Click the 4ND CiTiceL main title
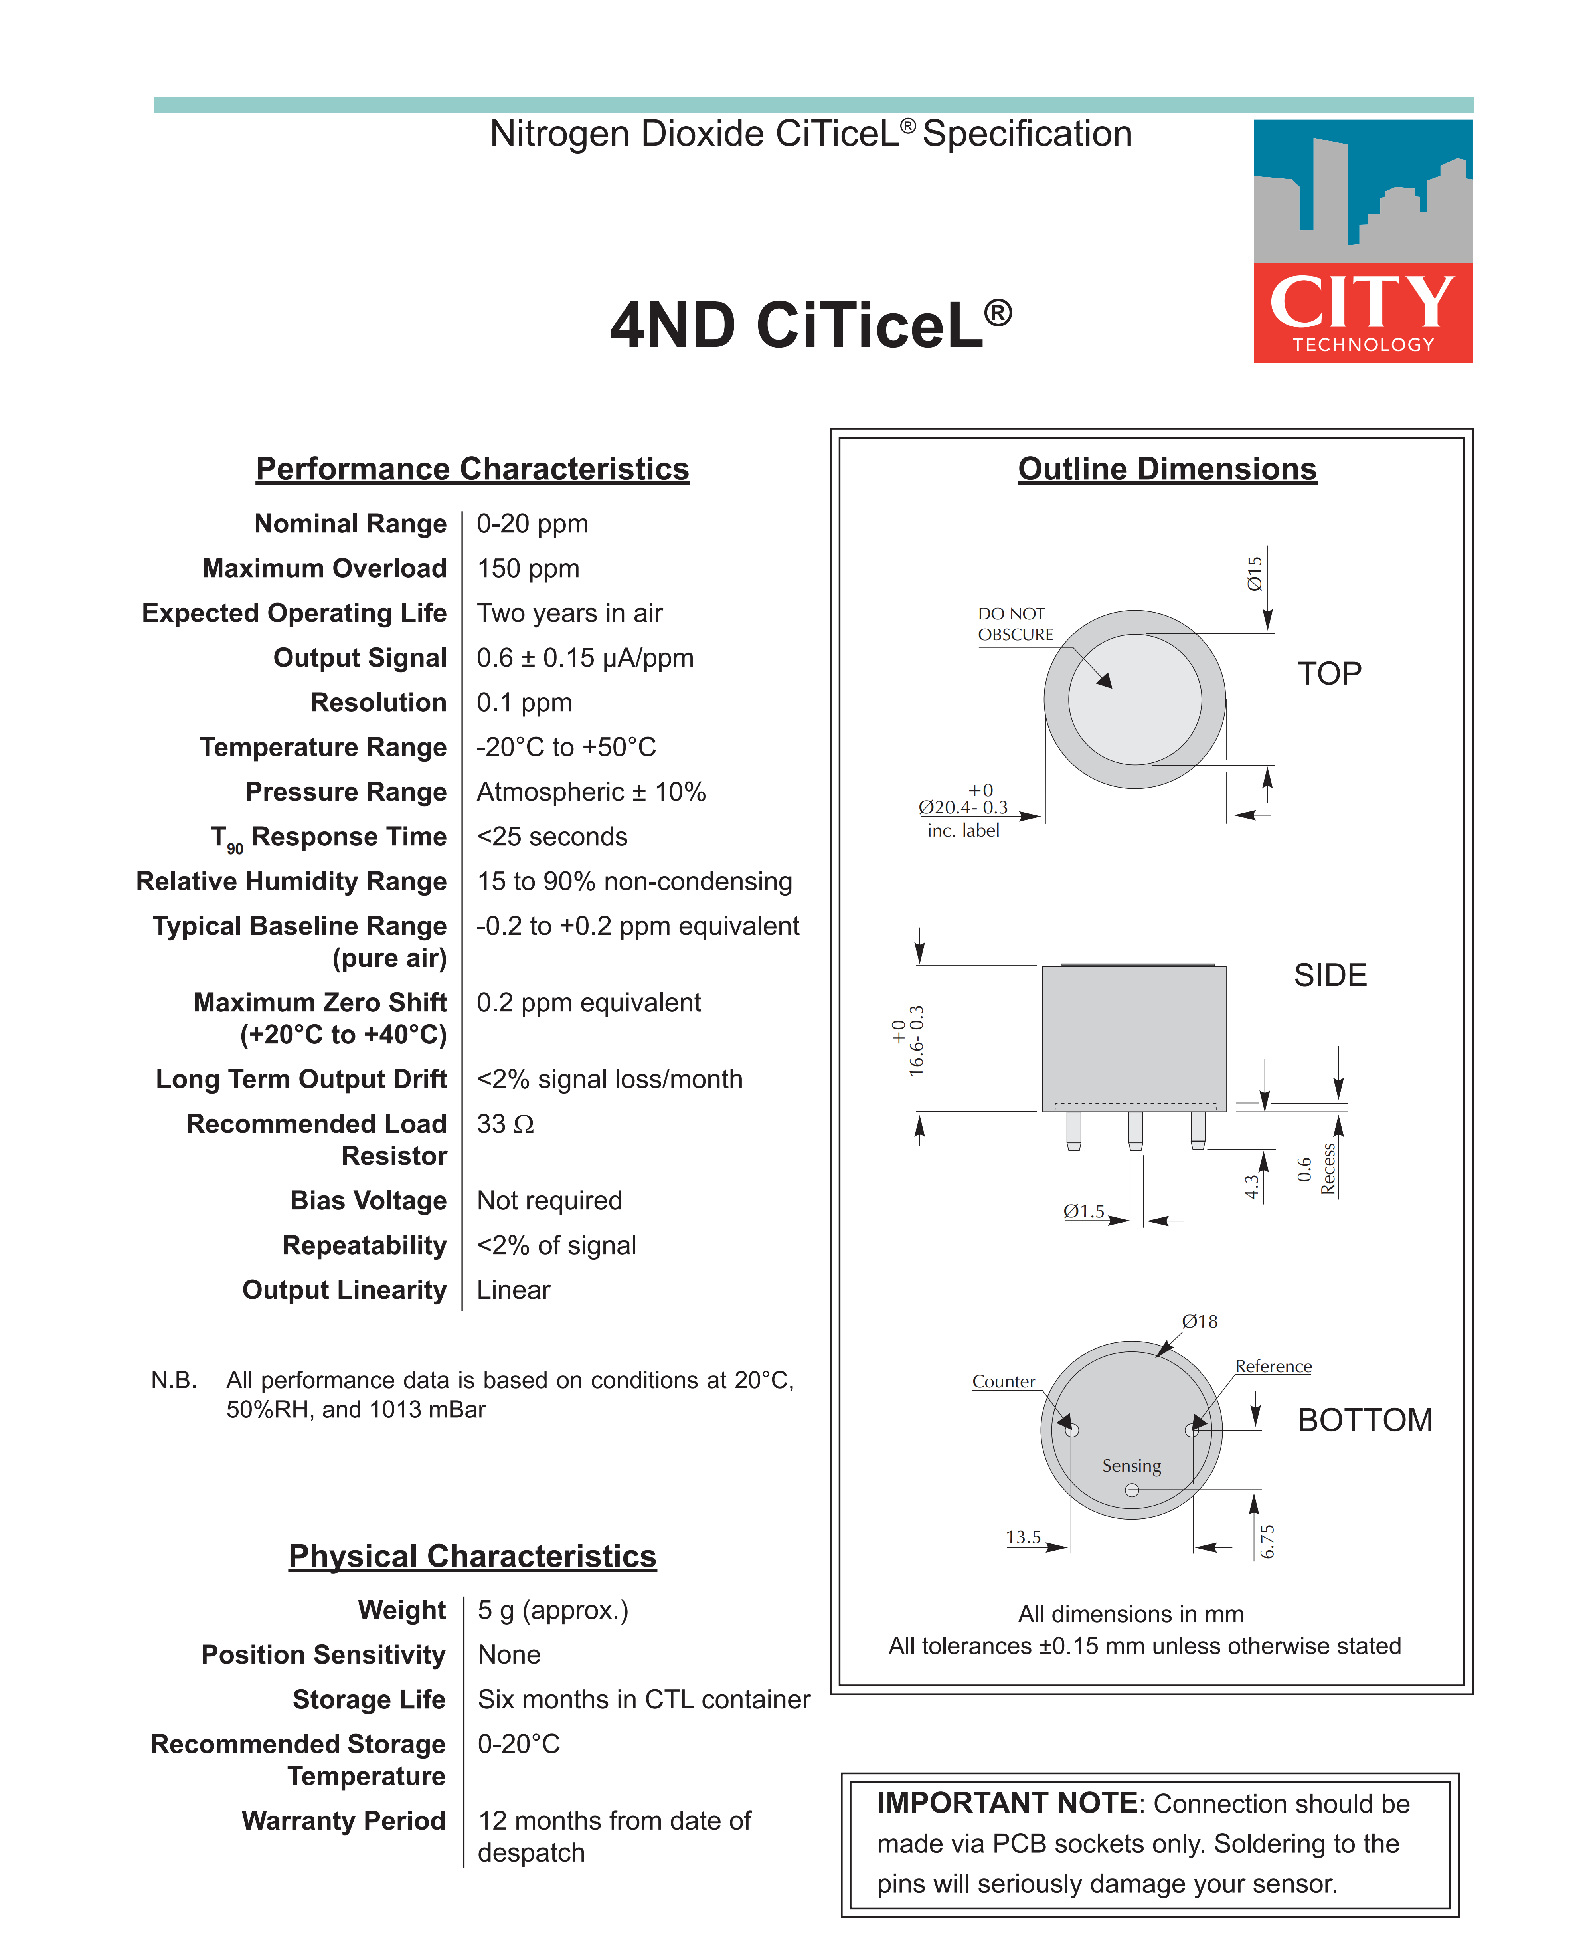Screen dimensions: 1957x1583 coord(810,326)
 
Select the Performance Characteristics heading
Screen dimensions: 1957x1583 coord(472,469)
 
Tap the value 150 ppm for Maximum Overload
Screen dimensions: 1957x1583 coord(528,568)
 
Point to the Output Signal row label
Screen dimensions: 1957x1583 coord(360,657)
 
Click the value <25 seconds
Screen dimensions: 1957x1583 coord(552,836)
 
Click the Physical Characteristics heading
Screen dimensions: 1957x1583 coord(472,1556)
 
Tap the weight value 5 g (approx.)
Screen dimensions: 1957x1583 coord(553,1610)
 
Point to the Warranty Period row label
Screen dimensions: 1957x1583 coord(344,1820)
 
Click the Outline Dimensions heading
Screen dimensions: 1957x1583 coord(1167,469)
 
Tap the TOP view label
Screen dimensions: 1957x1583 coord(1330,673)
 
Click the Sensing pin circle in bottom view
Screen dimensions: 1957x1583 coord(1132,1490)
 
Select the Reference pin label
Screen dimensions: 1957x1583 coord(1273,1366)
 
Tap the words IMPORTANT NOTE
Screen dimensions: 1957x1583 coord(1007,1803)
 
